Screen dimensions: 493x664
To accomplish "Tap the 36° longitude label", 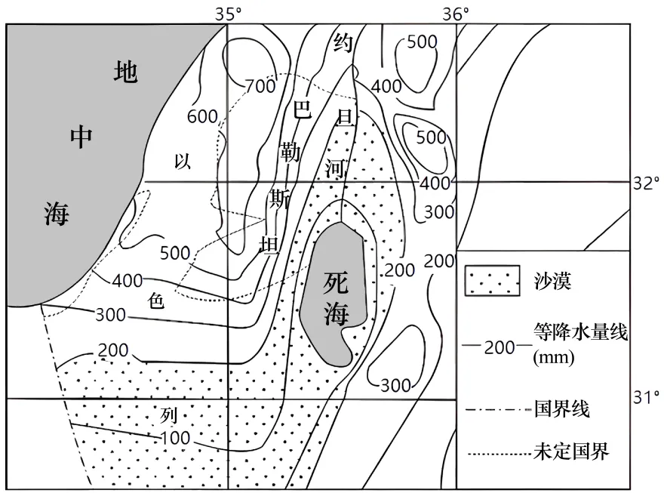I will (x=456, y=13).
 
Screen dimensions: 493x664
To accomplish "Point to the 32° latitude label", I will (x=646, y=183).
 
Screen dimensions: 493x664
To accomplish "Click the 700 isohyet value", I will (x=260, y=86).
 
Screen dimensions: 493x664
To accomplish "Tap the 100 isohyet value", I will (x=175, y=438).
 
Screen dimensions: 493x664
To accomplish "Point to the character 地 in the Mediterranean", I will (x=125, y=72).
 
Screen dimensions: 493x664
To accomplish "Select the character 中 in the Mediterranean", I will (x=81, y=137).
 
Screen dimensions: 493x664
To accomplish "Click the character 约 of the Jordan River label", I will (x=343, y=44).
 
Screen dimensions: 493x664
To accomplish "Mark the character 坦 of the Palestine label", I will (x=269, y=245).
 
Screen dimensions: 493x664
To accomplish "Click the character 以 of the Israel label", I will (x=183, y=161).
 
